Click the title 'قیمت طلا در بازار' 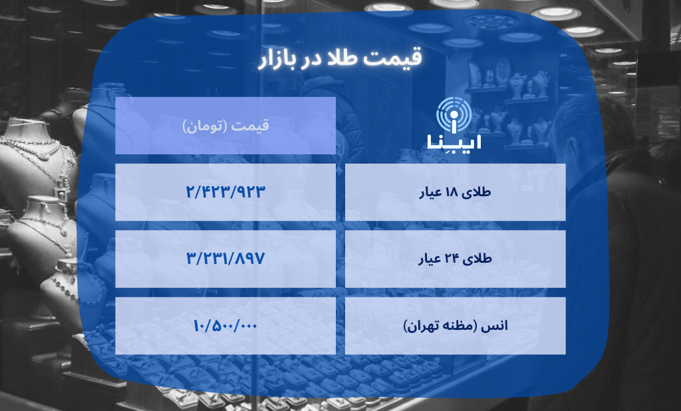tap(340, 59)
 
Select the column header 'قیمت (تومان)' tap(225, 126)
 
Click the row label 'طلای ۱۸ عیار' tap(456, 193)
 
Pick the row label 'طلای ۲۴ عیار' tap(456, 259)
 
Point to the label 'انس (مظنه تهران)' tap(456, 326)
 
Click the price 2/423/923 tap(225, 192)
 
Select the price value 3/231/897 tap(225, 259)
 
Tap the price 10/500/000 tap(225, 325)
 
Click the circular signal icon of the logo tap(456, 115)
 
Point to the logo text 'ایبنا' tap(456, 142)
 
